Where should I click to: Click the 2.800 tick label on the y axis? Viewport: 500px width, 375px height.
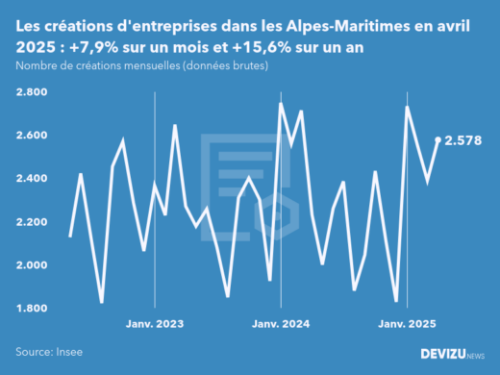(x=34, y=92)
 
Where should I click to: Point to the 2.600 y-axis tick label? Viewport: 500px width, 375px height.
(x=34, y=136)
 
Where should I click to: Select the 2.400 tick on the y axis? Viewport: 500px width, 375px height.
(x=34, y=179)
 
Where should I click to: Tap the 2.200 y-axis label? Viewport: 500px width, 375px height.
(x=34, y=222)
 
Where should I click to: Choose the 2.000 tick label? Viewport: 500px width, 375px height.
(x=34, y=265)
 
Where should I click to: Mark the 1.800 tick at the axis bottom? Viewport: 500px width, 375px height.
(x=34, y=309)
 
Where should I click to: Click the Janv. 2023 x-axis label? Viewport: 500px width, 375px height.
(x=155, y=325)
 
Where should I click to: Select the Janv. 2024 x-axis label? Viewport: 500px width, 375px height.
(x=280, y=325)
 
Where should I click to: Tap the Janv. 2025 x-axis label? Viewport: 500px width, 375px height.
(x=406, y=325)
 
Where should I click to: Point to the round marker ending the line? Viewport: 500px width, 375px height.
(x=438, y=140)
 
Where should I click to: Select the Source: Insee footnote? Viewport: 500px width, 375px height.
(x=49, y=353)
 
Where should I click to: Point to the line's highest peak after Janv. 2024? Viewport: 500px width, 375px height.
(x=281, y=104)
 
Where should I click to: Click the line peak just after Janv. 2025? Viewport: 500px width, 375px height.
(x=409, y=108)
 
